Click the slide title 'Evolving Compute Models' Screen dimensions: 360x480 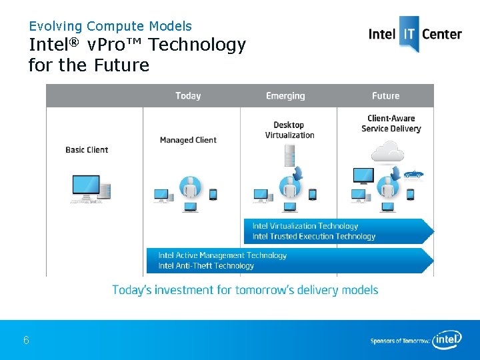tap(110, 27)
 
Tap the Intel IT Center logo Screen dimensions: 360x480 tap(415, 33)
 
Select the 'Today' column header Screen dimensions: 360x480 tap(188, 96)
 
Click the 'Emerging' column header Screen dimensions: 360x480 tap(285, 96)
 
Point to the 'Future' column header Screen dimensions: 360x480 tap(385, 96)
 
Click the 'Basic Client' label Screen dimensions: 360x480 tap(87, 150)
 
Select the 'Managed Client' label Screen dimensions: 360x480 tap(188, 140)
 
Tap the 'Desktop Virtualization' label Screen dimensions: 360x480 tap(289, 130)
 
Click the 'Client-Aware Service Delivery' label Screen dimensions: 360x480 tap(391, 124)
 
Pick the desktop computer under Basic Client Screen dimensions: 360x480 tap(90, 189)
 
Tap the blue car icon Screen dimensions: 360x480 tap(413, 173)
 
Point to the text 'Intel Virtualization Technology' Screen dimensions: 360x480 tap(305, 226)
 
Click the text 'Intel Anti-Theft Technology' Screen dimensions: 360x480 tap(206, 266)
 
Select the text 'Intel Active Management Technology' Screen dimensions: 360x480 tap(222, 255)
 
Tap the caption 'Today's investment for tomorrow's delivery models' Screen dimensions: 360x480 tap(245, 290)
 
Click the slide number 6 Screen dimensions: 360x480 tap(26, 341)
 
